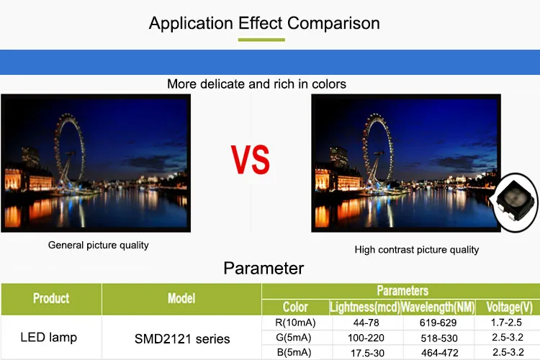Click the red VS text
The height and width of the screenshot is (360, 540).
click(251, 159)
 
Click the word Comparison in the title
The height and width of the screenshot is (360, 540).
click(333, 24)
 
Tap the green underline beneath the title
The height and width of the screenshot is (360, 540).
click(261, 40)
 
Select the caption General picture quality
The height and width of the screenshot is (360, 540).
click(99, 246)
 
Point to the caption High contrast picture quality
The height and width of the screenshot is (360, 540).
click(417, 250)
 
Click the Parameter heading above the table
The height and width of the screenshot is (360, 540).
click(264, 269)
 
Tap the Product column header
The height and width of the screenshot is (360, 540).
click(51, 298)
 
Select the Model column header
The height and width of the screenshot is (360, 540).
click(181, 298)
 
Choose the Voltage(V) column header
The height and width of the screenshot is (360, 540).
click(509, 307)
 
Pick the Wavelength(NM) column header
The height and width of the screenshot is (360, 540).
click(438, 307)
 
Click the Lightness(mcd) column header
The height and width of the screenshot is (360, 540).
click(365, 307)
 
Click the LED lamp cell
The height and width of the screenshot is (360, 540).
click(48, 337)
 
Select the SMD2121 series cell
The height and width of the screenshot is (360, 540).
click(182, 339)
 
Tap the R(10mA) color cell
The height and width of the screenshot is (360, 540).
click(295, 323)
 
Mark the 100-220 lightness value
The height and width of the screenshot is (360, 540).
click(366, 338)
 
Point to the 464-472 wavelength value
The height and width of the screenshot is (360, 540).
click(440, 353)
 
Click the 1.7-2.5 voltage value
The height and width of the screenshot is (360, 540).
click(506, 323)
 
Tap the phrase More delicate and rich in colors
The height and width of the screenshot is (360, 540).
click(256, 84)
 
